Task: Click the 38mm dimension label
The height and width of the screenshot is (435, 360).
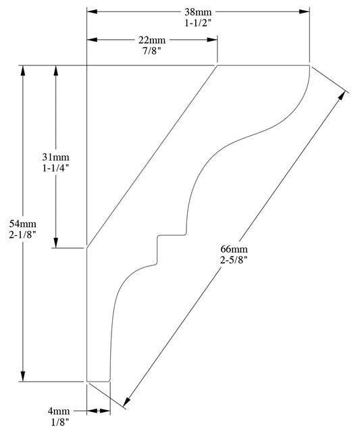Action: pyautogui.click(x=197, y=12)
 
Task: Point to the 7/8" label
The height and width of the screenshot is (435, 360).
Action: pyautogui.click(x=152, y=51)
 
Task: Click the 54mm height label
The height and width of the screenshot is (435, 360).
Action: pyautogui.click(x=24, y=224)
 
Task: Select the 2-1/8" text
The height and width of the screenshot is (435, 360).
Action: pyautogui.click(x=24, y=234)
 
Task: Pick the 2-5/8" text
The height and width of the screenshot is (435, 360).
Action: pyautogui.click(x=234, y=260)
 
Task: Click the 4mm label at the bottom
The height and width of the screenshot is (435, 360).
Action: pyautogui.click(x=59, y=410)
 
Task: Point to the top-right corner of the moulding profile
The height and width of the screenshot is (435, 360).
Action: pyautogui.click(x=309, y=66)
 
